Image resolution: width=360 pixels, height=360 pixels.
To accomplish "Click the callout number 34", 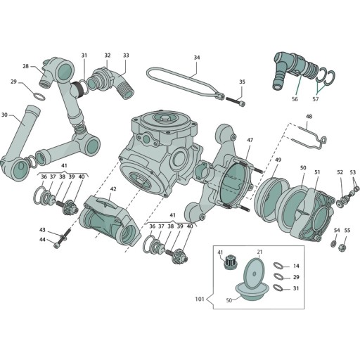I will click(x=197, y=57).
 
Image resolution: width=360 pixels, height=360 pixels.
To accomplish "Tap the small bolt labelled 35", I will click(x=237, y=101).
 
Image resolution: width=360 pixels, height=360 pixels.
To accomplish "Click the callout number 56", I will click(x=295, y=100).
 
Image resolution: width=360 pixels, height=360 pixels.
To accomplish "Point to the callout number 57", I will click(x=314, y=100).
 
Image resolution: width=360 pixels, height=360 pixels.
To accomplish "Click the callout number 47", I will click(x=250, y=141).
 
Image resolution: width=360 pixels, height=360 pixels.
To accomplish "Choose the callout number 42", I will click(x=112, y=189).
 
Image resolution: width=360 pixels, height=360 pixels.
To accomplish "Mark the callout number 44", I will click(x=42, y=240).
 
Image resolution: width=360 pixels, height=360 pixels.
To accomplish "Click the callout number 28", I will click(x=25, y=67).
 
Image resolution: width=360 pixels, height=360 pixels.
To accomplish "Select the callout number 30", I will click(x=4, y=115).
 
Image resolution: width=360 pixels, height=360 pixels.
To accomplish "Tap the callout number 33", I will click(x=126, y=55).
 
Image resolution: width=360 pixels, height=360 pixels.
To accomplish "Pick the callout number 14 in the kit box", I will click(x=296, y=266).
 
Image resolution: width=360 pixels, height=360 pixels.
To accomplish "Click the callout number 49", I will click(x=278, y=160).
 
